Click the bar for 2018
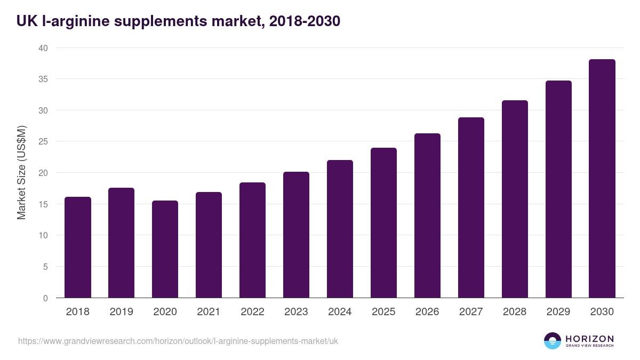tap(78, 247)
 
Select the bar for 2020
tap(165, 249)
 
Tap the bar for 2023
tap(296, 235)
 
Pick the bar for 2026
tap(427, 215)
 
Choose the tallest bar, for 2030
tap(602, 179)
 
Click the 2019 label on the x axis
tap(121, 312)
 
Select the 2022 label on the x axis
tap(252, 312)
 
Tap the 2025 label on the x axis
tap(383, 312)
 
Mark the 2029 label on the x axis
tap(558, 312)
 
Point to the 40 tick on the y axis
tap(43, 48)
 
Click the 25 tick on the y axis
tap(43, 142)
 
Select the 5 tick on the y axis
tap(45, 267)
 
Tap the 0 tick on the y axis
tap(45, 298)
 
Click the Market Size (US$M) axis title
tap(21, 173)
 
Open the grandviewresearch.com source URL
tap(178, 341)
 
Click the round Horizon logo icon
tap(553, 341)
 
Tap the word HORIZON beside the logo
tap(589, 338)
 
